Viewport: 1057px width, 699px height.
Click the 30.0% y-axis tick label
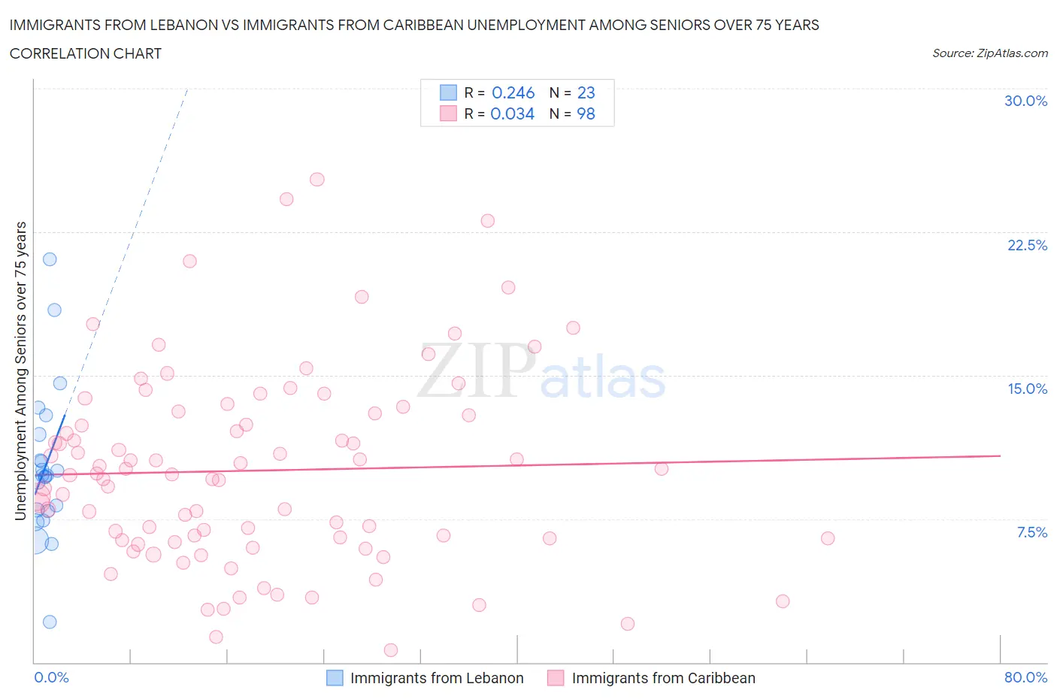pyautogui.click(x=1025, y=101)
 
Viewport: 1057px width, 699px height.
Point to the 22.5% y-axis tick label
pyautogui.click(x=1027, y=245)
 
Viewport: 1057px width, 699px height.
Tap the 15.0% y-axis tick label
pyautogui.click(x=1027, y=389)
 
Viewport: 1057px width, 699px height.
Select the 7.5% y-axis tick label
pyautogui.click(x=1031, y=532)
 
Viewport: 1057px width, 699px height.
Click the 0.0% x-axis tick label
pyautogui.click(x=51, y=677)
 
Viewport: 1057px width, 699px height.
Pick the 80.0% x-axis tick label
pyautogui.click(x=1025, y=677)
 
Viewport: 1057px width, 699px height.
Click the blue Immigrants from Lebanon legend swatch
pyautogui.click(x=335, y=678)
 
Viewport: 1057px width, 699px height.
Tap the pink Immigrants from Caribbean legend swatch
pyautogui.click(x=556, y=678)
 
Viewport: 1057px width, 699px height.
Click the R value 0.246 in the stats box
pyautogui.click(x=513, y=92)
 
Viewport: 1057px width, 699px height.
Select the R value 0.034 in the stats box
pyautogui.click(x=512, y=113)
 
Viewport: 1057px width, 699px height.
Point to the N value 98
pyautogui.click(x=586, y=113)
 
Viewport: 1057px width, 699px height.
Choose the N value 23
pyautogui.click(x=586, y=92)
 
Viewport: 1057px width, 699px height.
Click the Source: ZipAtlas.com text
pyautogui.click(x=989, y=53)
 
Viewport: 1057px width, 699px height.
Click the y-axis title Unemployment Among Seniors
pyautogui.click(x=21, y=371)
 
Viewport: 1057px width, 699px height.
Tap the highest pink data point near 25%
pyautogui.click(x=317, y=180)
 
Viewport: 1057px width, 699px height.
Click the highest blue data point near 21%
pyautogui.click(x=50, y=259)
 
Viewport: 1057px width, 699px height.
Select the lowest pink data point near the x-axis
pyautogui.click(x=391, y=650)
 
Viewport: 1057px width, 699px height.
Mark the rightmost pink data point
pyautogui.click(x=828, y=538)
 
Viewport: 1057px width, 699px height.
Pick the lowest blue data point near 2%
pyautogui.click(x=50, y=622)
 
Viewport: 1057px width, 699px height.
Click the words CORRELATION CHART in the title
pyautogui.click(x=86, y=53)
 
